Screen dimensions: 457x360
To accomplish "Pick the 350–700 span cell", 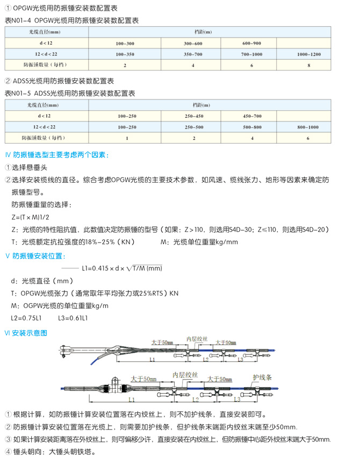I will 193,54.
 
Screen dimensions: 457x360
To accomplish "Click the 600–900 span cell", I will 251,42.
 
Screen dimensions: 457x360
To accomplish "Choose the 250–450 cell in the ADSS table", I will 193,116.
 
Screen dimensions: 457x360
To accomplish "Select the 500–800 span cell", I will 251,127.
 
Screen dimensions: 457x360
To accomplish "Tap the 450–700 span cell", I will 251,116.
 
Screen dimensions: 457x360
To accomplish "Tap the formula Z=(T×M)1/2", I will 33,217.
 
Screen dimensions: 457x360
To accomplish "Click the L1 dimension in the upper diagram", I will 152,359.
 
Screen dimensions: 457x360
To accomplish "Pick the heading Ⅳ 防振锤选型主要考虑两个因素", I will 56,155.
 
